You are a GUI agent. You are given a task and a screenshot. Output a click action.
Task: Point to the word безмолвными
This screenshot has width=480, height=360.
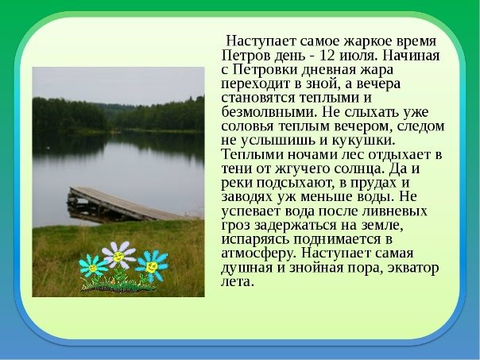click(x=269, y=112)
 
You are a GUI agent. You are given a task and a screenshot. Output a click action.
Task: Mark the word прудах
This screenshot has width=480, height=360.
click(x=374, y=183)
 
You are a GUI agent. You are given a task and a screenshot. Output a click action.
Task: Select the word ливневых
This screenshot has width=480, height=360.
click(x=394, y=211)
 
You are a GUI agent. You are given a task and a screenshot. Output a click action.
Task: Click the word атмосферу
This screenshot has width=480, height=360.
click(x=259, y=254)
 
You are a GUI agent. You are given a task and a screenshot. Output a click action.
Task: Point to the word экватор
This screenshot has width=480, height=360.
click(x=413, y=268)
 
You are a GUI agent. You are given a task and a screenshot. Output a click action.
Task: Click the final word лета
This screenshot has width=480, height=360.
click(x=238, y=281)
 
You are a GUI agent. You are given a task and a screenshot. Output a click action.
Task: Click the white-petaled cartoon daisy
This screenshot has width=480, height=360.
click(x=118, y=255)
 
